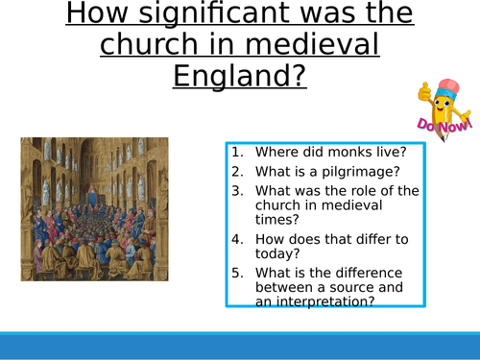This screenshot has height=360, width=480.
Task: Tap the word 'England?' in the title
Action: [239, 74]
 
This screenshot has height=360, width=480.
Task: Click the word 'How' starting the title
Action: [100, 16]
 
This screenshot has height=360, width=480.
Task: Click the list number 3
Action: [235, 190]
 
